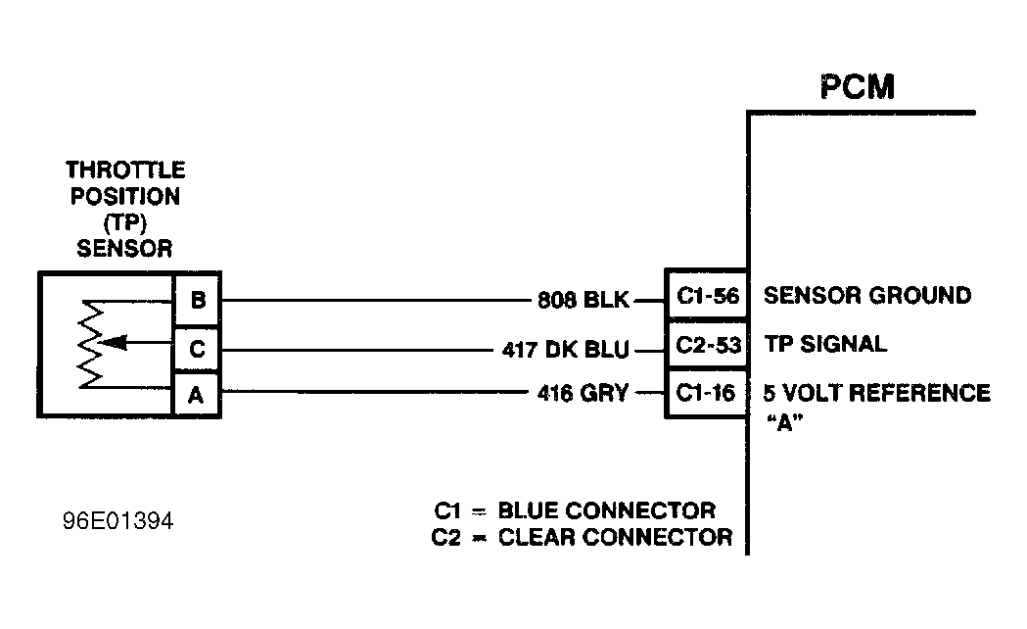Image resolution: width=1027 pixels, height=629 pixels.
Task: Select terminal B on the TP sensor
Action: (x=197, y=298)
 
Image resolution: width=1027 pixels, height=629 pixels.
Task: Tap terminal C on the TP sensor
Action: (x=197, y=347)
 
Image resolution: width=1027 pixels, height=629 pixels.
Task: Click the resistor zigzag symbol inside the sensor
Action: (x=89, y=344)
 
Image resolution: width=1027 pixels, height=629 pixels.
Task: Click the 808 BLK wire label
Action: (x=583, y=300)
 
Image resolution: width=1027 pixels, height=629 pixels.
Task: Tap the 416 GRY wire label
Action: (x=584, y=394)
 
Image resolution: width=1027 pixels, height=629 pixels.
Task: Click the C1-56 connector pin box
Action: (x=707, y=296)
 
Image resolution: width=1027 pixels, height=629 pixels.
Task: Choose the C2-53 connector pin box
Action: (x=707, y=345)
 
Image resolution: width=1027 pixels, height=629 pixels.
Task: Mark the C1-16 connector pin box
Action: (x=707, y=394)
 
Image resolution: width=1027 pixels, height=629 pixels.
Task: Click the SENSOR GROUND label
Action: (x=866, y=295)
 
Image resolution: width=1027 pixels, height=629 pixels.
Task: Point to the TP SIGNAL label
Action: (x=824, y=344)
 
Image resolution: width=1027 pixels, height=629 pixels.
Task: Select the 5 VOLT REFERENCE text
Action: (x=876, y=393)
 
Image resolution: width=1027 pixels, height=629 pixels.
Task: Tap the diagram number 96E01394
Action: (x=116, y=520)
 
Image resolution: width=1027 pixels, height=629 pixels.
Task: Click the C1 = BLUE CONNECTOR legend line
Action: (x=575, y=510)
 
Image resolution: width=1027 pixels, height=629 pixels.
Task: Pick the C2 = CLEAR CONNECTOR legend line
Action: (x=582, y=537)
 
